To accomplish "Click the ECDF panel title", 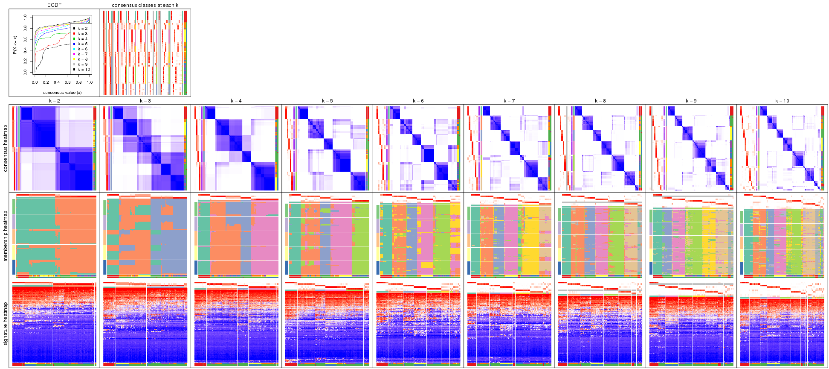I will tap(54, 5).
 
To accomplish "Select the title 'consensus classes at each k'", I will tap(145, 5).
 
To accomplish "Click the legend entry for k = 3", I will tap(83, 34).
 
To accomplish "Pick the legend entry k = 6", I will tap(83, 49).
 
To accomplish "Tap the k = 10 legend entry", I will tap(84, 70).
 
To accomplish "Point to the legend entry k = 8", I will tap(83, 59).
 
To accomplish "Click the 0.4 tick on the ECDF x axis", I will tap(57, 82).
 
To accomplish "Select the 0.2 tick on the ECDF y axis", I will tap(25, 61).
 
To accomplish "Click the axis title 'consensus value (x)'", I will tap(62, 92).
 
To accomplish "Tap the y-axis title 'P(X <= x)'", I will tap(15, 45).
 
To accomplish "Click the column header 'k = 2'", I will tap(54, 101).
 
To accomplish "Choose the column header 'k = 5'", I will tap(327, 101).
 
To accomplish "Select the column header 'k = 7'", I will tap(509, 101).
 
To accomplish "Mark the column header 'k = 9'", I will tap(691, 101).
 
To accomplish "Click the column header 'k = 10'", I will tap(782, 101).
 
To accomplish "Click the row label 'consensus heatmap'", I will tap(6, 148).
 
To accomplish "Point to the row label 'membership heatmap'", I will tap(6, 236).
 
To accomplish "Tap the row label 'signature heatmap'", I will tap(6, 324).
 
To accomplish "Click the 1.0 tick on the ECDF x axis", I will tap(90, 82).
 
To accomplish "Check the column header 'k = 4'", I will tap(236, 101).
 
